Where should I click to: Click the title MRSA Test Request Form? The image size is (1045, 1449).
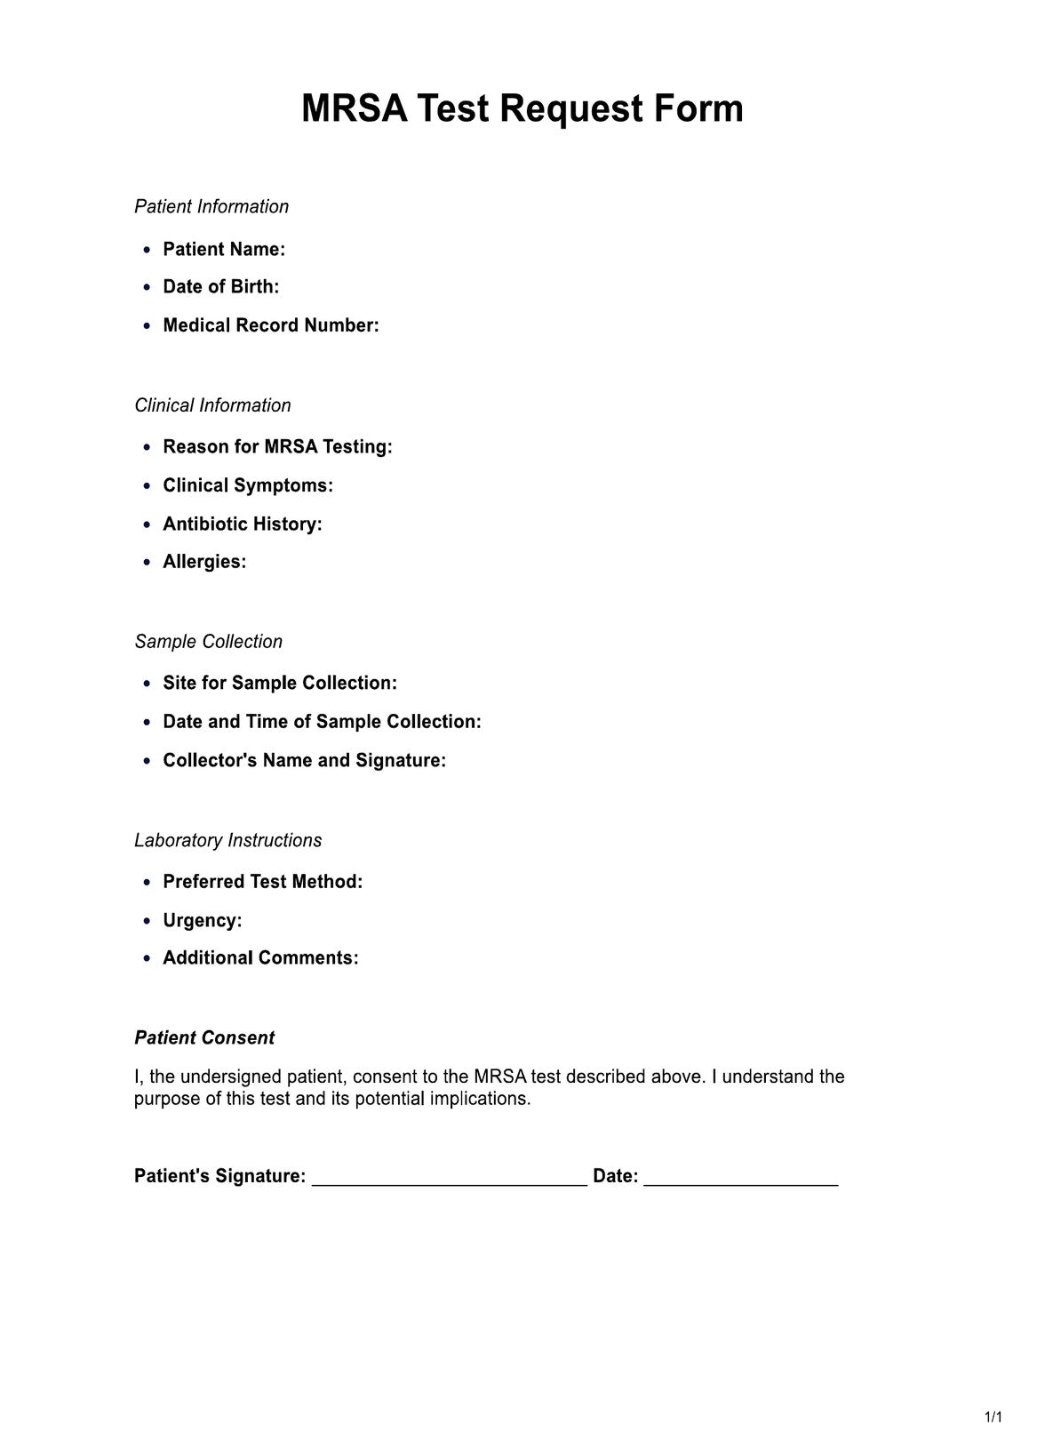tap(522, 109)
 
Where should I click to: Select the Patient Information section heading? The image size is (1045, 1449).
tap(211, 206)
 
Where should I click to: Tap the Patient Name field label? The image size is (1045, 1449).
tap(224, 249)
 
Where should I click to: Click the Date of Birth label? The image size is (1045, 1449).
tap(220, 286)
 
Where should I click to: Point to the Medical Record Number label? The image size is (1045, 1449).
tap(271, 325)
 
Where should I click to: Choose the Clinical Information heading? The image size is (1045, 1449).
tap(212, 405)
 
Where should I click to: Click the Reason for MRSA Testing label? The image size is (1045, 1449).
tap(277, 446)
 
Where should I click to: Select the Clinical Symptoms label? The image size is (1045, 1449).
tap(248, 485)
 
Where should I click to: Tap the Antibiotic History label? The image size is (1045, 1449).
tap(243, 524)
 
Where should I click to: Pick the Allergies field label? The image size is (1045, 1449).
tap(204, 562)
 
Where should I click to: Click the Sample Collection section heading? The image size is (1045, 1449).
tap(208, 641)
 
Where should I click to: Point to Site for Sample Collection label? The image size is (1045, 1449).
tap(280, 683)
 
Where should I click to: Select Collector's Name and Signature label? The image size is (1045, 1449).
tap(304, 760)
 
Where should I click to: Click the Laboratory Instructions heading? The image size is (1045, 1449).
tap(227, 840)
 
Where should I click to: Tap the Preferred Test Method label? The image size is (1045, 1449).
tap(263, 882)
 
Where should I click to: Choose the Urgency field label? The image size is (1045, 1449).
tap(203, 920)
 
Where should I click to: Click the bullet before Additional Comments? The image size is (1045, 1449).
tap(148, 958)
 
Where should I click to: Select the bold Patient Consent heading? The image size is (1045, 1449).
tap(204, 1037)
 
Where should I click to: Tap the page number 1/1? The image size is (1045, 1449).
tap(993, 1416)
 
